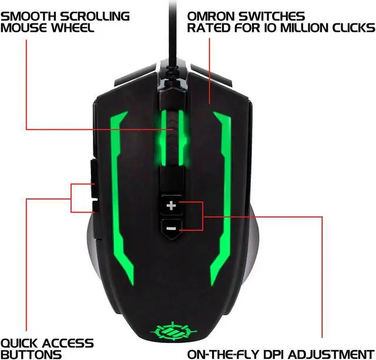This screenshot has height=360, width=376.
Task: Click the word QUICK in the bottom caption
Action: point(21,343)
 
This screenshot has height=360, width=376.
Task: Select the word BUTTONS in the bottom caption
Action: point(31,354)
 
